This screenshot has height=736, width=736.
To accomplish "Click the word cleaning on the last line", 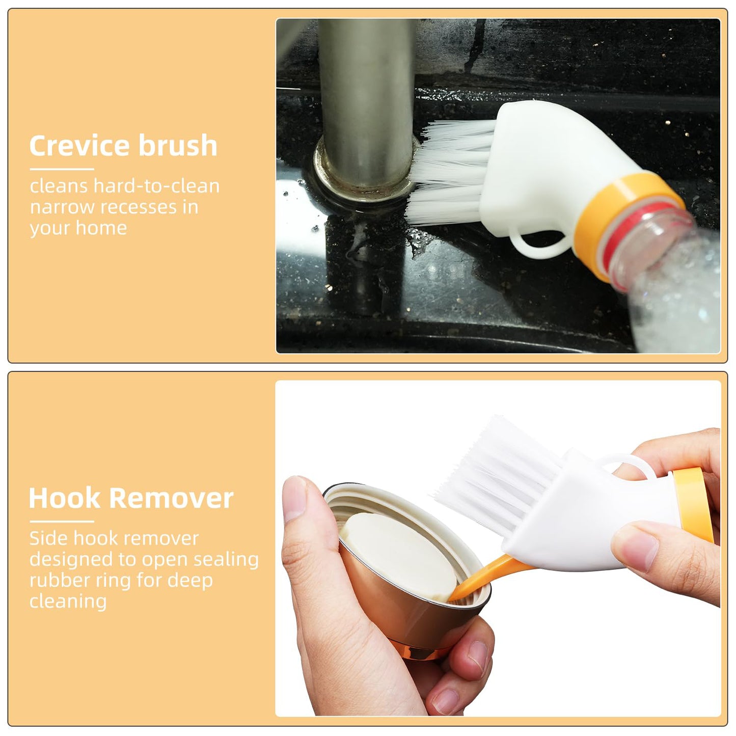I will [68, 601].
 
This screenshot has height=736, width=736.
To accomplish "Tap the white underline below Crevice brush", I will [62, 169].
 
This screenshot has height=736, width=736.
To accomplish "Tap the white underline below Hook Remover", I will [62, 521].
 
